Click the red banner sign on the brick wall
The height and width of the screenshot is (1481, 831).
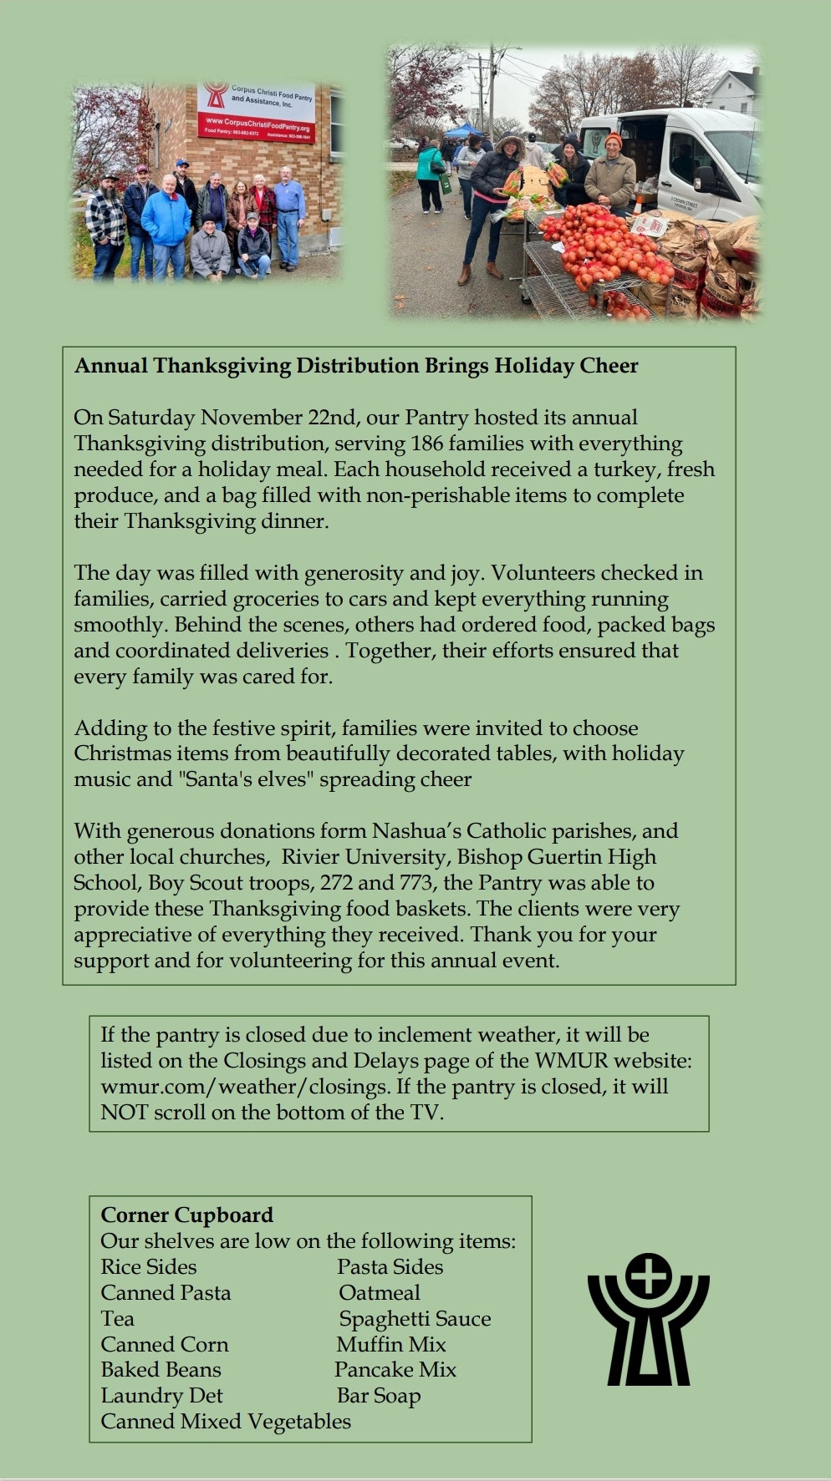pyautogui.click(x=257, y=112)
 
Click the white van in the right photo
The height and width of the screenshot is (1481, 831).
pyautogui.click(x=686, y=159)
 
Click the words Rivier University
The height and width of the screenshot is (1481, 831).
pyautogui.click(x=364, y=857)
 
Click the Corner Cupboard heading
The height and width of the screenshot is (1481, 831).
pyautogui.click(x=186, y=1215)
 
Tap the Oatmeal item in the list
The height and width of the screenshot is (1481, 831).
pyautogui.click(x=379, y=1293)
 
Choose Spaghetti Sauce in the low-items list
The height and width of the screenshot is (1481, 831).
pyautogui.click(x=415, y=1319)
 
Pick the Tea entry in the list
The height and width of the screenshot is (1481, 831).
pyautogui.click(x=117, y=1319)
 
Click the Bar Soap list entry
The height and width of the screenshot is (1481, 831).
pyautogui.click(x=378, y=1396)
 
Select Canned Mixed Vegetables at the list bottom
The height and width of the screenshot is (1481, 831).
pyautogui.click(x=226, y=1422)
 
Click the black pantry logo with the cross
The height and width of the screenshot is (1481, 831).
pyautogui.click(x=648, y=1321)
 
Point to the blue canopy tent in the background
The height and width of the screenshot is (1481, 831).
pyautogui.click(x=461, y=130)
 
